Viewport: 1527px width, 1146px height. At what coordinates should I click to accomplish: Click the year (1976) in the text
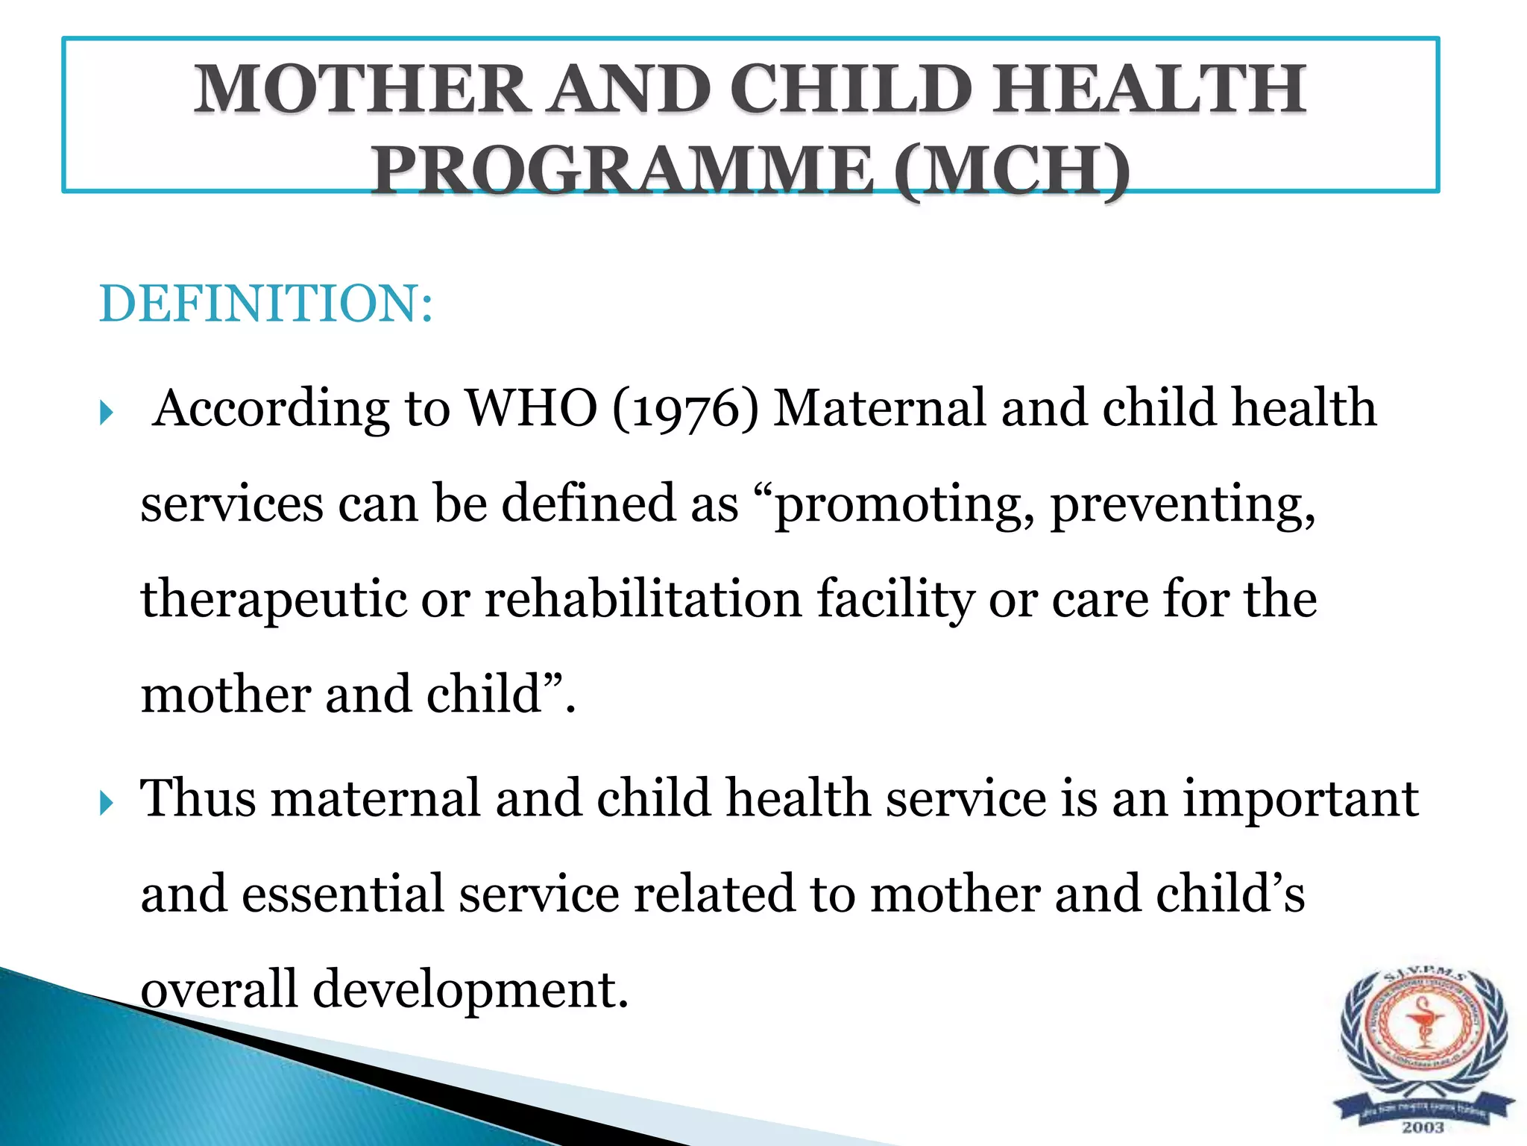click(x=685, y=408)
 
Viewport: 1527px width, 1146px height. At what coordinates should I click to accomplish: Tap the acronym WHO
click(x=531, y=408)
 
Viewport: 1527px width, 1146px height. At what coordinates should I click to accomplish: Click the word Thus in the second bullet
click(x=198, y=798)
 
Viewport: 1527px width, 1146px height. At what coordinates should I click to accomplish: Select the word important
click(x=1300, y=798)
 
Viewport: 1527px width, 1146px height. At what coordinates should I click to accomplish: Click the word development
click(x=470, y=989)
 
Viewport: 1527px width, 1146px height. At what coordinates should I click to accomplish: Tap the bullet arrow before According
click(x=106, y=413)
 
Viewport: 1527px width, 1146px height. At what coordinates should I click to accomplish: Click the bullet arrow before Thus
click(x=106, y=803)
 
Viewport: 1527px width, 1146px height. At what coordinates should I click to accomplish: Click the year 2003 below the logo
click(x=1423, y=1127)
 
